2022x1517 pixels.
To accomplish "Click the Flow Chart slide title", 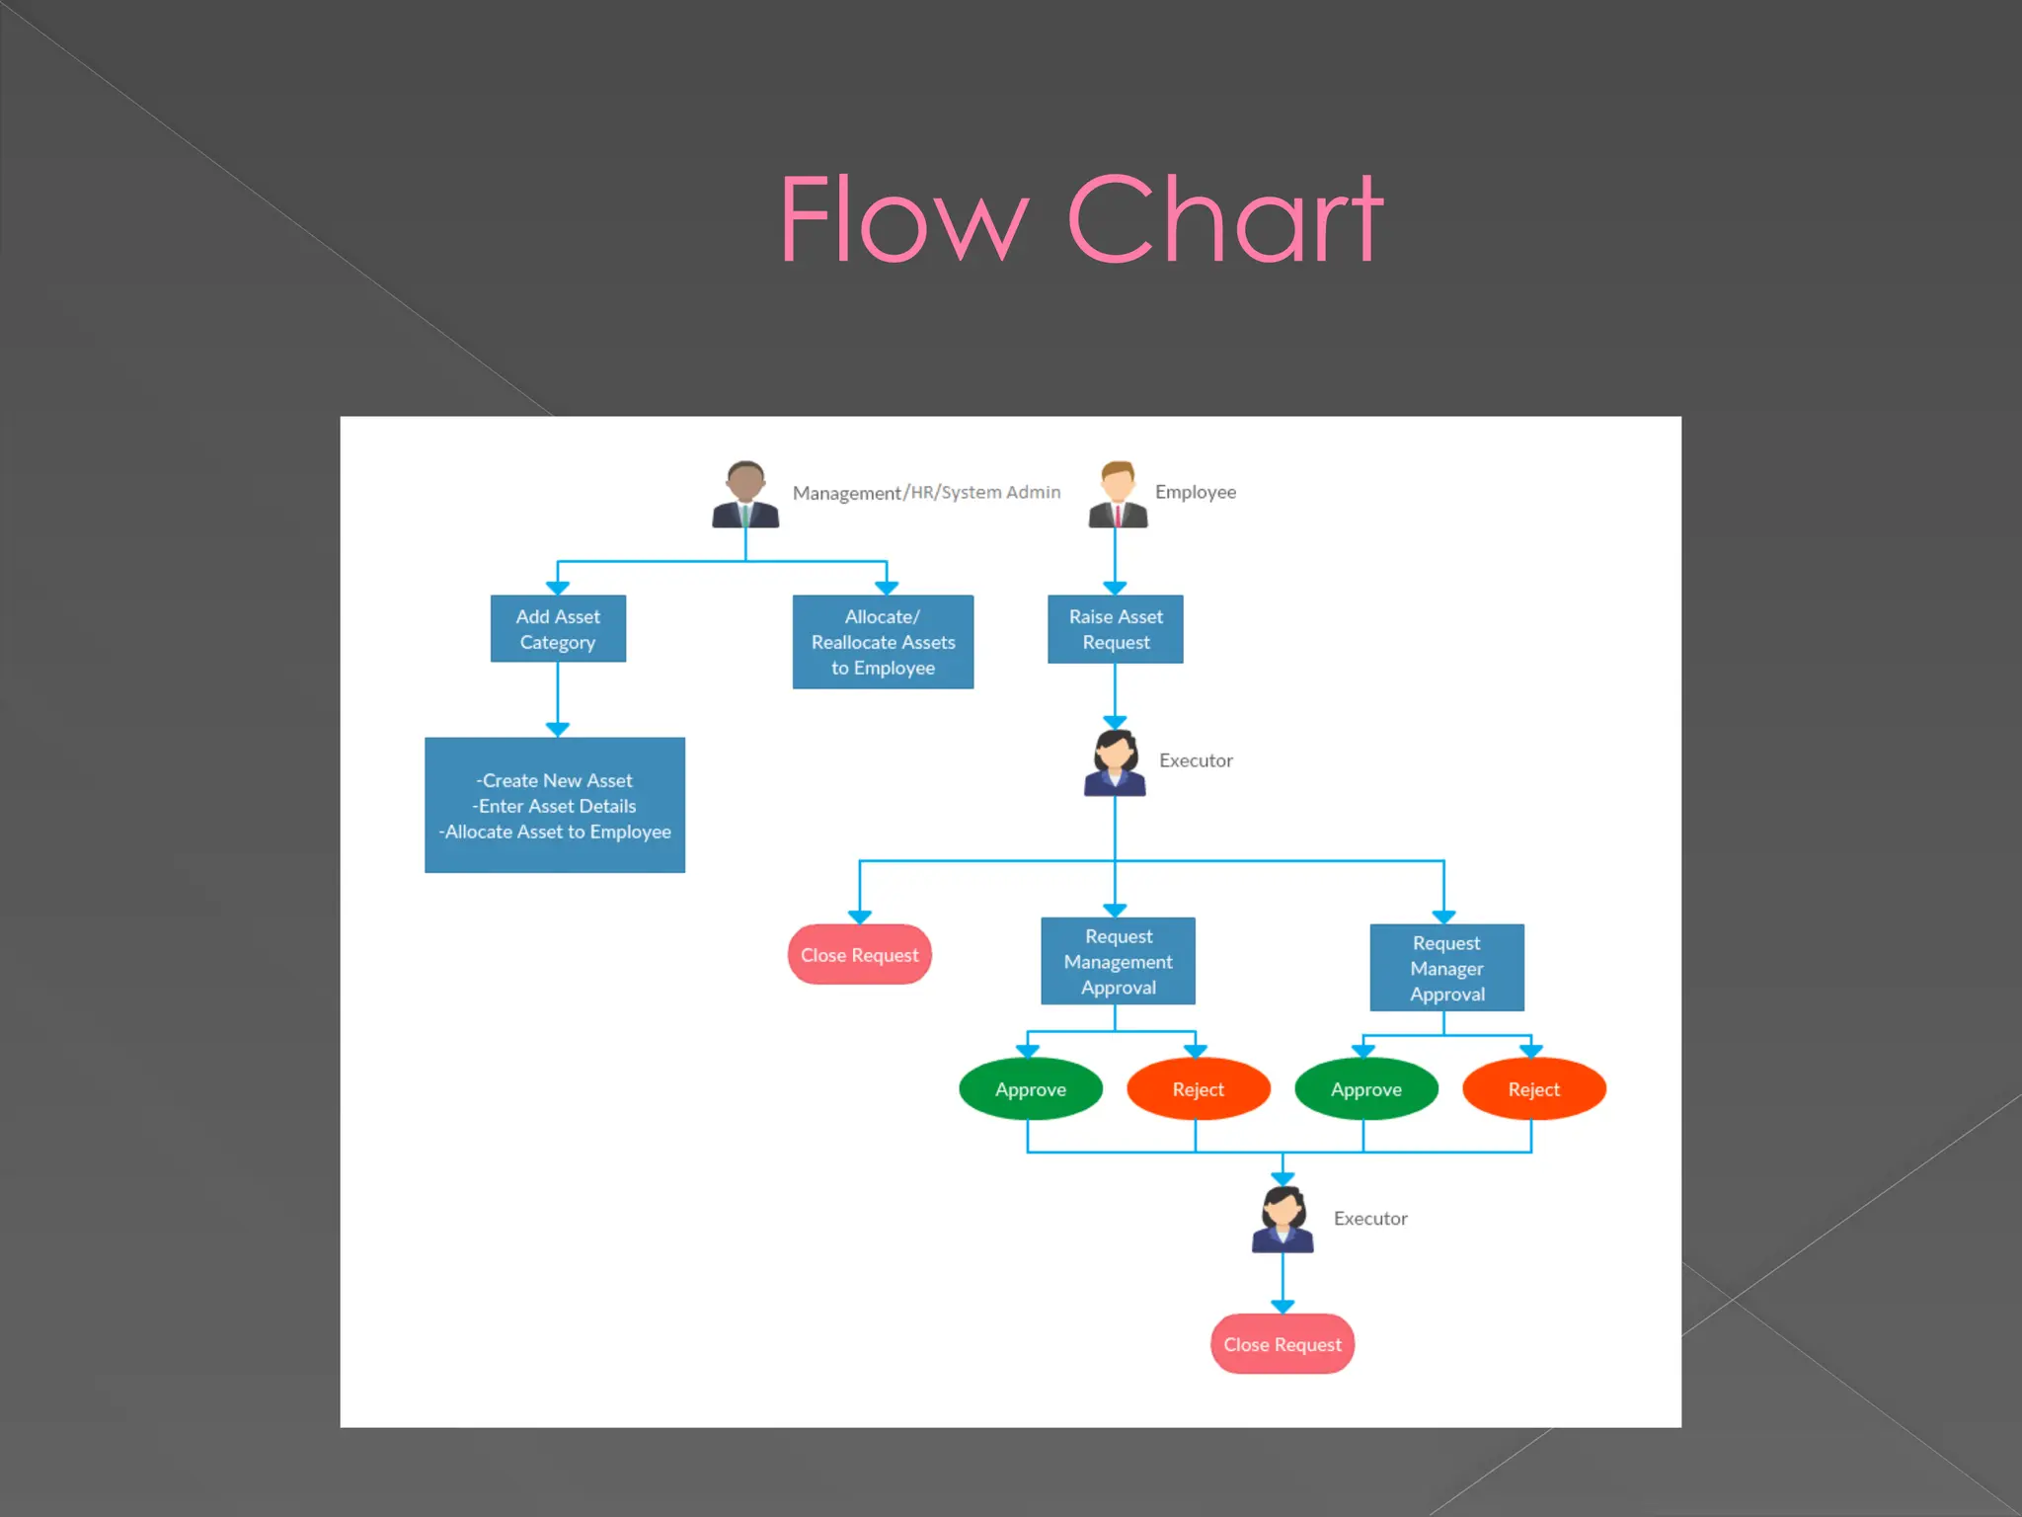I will click(1081, 219).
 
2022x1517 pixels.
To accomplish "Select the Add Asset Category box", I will click(558, 629).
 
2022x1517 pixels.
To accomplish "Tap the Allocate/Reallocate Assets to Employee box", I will click(883, 642).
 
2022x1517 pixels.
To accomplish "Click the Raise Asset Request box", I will click(1116, 629).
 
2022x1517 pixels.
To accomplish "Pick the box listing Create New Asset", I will click(555, 805).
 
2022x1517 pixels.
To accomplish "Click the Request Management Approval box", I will click(1118, 961).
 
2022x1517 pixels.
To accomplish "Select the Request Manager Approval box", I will click(1446, 968).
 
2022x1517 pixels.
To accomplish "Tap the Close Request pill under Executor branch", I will click(859, 955).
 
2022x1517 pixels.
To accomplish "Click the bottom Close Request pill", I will click(1283, 1344).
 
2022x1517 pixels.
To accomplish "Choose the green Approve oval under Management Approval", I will click(1031, 1089).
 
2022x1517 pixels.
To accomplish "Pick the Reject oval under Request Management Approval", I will click(1198, 1089).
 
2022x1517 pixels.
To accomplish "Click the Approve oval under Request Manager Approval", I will click(1365, 1089).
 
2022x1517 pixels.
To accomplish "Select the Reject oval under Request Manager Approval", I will click(1533, 1089).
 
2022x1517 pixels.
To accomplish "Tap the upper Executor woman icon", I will click(1115, 762).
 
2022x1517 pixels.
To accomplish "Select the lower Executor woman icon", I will click(1283, 1220).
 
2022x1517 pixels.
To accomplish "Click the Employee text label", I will click(1195, 492).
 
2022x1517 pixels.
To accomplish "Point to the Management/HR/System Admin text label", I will click(926, 492).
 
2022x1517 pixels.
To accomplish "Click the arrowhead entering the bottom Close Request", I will click(1283, 1306).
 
